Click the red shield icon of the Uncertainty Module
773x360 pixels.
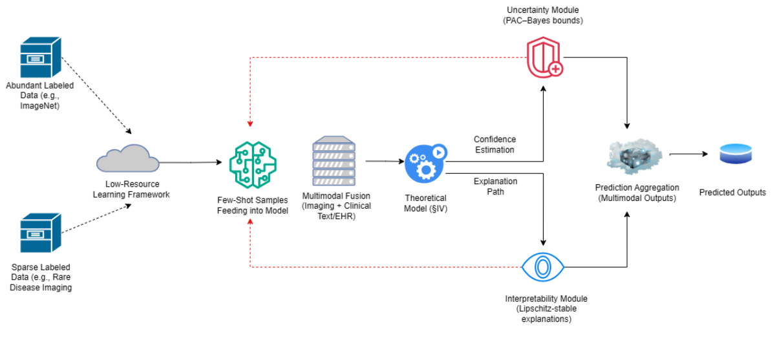tap(542, 59)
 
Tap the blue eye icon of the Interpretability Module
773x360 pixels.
tap(542, 267)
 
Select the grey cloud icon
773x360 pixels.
tap(128, 157)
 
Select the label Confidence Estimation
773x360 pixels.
tap(494, 145)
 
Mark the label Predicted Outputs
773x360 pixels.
tap(732, 193)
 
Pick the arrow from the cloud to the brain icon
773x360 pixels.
tap(190, 162)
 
